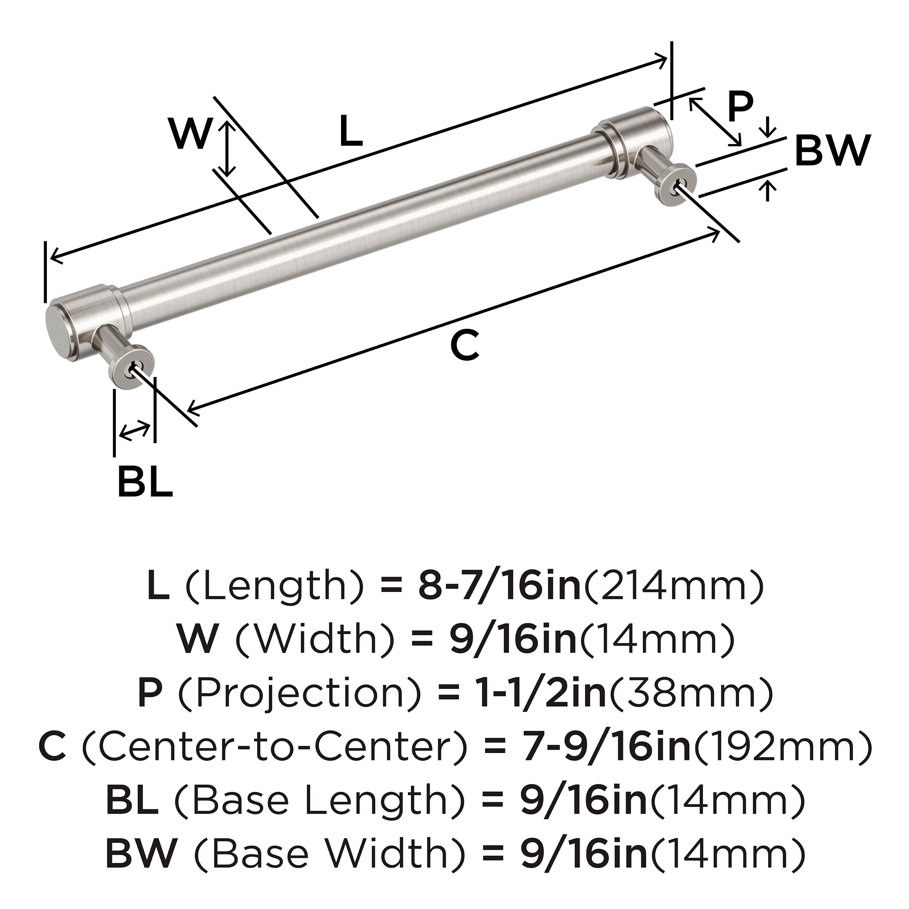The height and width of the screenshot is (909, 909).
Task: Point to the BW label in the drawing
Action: (x=832, y=150)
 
